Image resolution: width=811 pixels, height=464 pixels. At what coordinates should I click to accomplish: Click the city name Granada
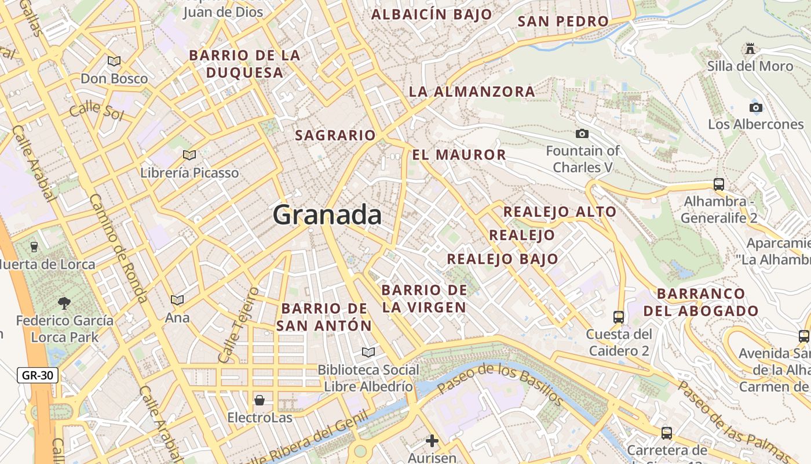coord(327,215)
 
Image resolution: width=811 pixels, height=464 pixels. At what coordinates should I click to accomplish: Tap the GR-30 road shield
coord(37,375)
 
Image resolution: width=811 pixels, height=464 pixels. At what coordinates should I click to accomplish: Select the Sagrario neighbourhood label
coord(335,135)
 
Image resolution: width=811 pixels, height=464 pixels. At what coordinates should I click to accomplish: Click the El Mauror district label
coord(459,155)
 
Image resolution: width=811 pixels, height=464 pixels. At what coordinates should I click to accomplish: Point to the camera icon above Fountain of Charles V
coord(582,134)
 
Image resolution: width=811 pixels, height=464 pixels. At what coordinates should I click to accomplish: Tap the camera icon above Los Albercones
coord(755,107)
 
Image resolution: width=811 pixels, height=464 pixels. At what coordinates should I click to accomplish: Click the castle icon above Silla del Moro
coord(750,48)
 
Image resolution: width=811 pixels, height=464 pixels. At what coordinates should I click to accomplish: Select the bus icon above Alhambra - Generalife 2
coord(718,184)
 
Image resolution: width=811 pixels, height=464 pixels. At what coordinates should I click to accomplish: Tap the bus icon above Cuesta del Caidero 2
coord(618,317)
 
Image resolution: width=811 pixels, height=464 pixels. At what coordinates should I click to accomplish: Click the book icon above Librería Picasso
coord(189,155)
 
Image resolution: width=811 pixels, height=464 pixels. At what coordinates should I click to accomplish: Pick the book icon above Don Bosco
coord(114,61)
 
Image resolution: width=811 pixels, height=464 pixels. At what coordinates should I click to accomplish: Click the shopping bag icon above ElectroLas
coord(259,400)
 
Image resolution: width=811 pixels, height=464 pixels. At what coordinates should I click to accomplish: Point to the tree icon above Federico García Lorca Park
coord(64,303)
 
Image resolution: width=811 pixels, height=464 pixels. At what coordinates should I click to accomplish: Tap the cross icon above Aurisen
coord(432,441)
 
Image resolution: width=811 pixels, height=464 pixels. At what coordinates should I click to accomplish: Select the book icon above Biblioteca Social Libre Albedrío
coord(368,352)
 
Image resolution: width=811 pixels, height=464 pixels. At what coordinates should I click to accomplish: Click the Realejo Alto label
coord(560,212)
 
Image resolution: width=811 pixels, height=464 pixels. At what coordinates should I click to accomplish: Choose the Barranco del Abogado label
coord(701,302)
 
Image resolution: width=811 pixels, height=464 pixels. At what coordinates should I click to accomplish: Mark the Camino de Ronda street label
coord(118,248)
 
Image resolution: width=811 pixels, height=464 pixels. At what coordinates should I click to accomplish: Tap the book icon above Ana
coord(177,300)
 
